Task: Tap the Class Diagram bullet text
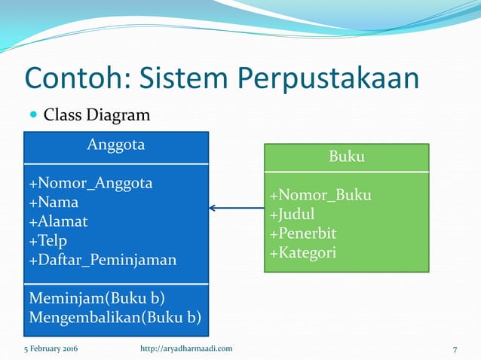click(97, 115)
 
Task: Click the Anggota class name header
click(116, 145)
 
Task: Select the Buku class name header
click(347, 157)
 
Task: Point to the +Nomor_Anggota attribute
click(90, 183)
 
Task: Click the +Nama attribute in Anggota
click(54, 202)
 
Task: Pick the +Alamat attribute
click(58, 221)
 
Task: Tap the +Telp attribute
click(48, 240)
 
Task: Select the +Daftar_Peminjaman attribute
click(103, 260)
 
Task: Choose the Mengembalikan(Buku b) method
click(115, 316)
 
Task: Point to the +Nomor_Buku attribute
click(320, 196)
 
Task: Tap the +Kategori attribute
click(303, 252)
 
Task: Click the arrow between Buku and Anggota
click(236, 208)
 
